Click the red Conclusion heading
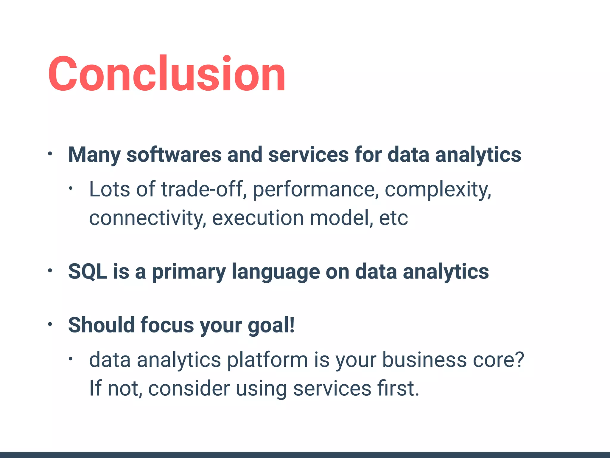pyautogui.click(x=167, y=74)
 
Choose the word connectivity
pyautogui.click(x=147, y=218)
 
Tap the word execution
pyautogui.click(x=258, y=218)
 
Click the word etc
pyautogui.click(x=393, y=218)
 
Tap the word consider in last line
pyautogui.click(x=189, y=388)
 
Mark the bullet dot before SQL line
pyautogui.click(x=50, y=271)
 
